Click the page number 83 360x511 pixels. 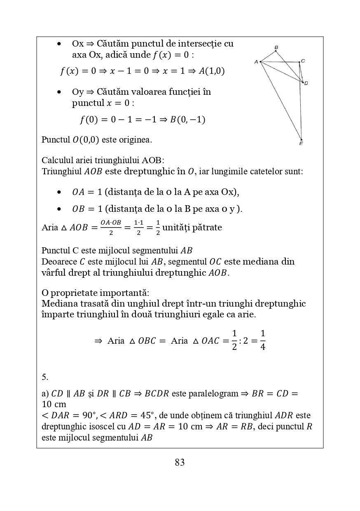(x=180, y=462)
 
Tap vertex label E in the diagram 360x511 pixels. (x=301, y=144)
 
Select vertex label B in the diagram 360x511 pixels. (x=276, y=47)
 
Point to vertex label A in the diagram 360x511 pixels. (x=256, y=62)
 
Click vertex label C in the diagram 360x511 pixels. (x=303, y=61)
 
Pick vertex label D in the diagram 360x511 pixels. (x=306, y=83)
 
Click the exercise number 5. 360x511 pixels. (x=45, y=377)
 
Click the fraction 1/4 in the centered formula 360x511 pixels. (x=263, y=340)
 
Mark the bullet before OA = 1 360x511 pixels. (x=60, y=192)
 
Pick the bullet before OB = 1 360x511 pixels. (x=60, y=209)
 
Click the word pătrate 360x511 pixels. (x=207, y=227)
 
